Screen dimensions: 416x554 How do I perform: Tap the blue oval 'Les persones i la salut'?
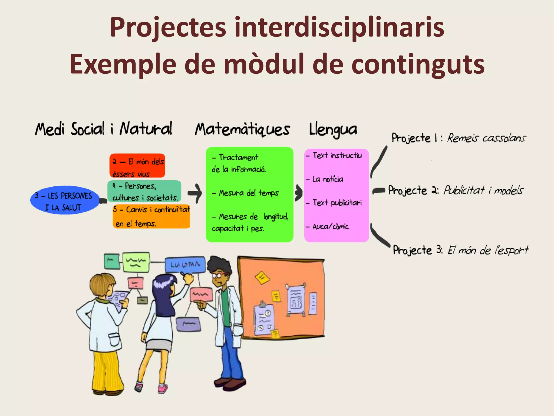point(64,200)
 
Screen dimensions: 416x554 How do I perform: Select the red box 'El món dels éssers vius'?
point(137,166)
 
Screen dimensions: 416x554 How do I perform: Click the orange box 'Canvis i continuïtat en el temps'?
point(151,216)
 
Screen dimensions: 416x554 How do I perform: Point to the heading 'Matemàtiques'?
point(242,129)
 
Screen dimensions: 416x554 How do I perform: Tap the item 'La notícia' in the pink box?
point(328,179)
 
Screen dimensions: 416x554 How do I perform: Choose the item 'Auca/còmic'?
point(330,226)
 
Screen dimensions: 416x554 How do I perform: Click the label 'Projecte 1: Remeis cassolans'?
point(459,138)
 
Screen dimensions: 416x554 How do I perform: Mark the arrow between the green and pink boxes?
point(298,193)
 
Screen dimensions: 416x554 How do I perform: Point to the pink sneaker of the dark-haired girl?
point(163,388)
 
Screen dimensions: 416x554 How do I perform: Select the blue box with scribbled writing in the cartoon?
point(185,264)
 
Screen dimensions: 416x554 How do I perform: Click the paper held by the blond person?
point(118,298)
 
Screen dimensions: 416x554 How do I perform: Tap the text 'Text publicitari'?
point(337,203)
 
